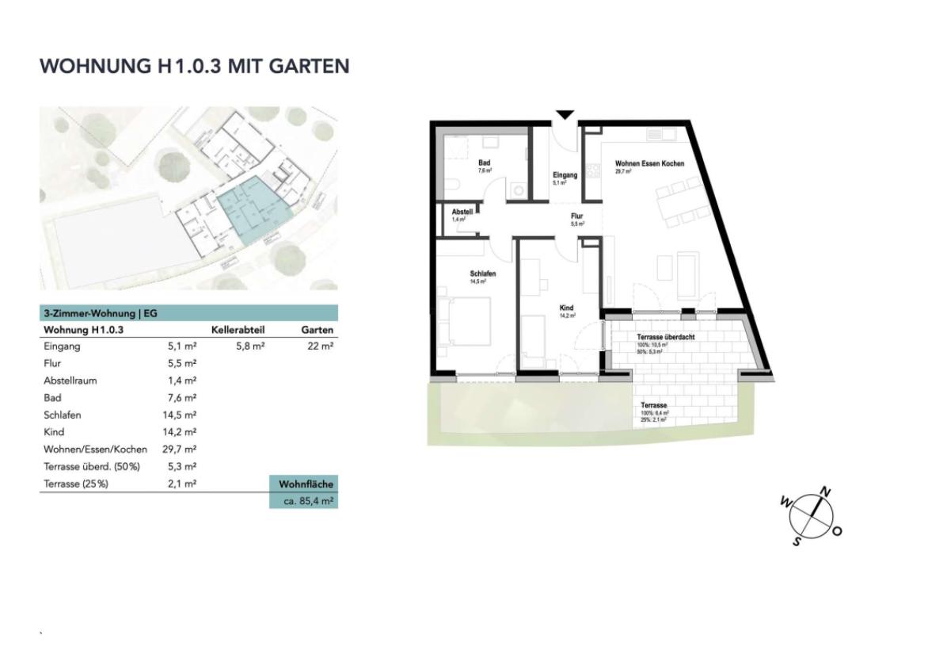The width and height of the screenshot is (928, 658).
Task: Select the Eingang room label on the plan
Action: click(565, 175)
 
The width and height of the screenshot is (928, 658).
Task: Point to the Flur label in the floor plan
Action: click(576, 216)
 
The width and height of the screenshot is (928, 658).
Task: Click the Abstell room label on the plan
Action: click(462, 212)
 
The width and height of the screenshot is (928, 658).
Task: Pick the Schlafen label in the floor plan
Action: click(482, 274)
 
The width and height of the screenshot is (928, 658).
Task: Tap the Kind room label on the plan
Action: click(566, 308)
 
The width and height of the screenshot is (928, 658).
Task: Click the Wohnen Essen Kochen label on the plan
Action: click(649, 163)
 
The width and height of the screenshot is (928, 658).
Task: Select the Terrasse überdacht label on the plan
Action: click(666, 337)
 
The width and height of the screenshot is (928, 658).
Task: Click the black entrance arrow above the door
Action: click(564, 116)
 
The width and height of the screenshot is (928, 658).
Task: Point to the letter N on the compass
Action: click(825, 492)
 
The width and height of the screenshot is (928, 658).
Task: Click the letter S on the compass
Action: click(797, 541)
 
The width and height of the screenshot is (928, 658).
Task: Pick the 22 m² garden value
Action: click(321, 346)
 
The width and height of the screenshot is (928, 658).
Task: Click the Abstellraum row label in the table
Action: click(70, 381)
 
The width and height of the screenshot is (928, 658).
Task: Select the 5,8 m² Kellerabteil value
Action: click(249, 346)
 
